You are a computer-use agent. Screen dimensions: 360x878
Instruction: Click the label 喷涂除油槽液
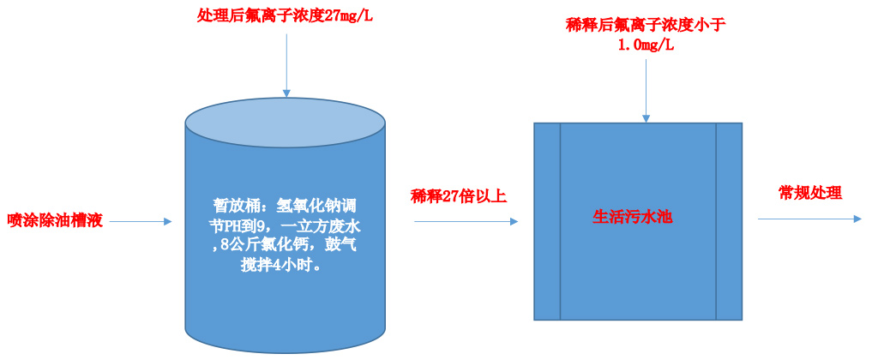point(55,221)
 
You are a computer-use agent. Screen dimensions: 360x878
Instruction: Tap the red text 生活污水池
point(633,217)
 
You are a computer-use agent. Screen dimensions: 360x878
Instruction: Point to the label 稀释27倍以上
point(459,195)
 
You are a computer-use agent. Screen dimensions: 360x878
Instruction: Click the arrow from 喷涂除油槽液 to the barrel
point(141,222)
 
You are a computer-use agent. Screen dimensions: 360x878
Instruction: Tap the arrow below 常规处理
point(809,219)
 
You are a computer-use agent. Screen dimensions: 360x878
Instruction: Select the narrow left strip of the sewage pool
point(547,221)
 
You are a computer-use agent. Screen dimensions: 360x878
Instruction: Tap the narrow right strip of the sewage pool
point(728,221)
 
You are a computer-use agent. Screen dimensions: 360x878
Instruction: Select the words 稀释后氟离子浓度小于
point(646,24)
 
